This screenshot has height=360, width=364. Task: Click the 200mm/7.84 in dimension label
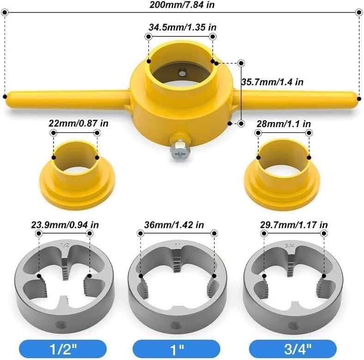pyautogui.click(x=182, y=5)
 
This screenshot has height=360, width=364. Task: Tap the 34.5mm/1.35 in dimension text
pyautogui.click(x=182, y=27)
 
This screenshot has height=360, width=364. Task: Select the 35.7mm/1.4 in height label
pyautogui.click(x=272, y=82)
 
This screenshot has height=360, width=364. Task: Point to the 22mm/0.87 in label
pyautogui.click(x=78, y=123)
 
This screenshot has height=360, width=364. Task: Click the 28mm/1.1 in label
pyautogui.click(x=284, y=124)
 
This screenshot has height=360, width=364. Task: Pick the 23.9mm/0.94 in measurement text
pyautogui.click(x=65, y=224)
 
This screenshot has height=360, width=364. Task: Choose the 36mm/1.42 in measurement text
pyautogui.click(x=174, y=224)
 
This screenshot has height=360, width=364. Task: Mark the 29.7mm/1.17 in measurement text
pyautogui.click(x=294, y=224)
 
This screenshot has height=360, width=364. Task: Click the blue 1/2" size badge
pyautogui.click(x=63, y=349)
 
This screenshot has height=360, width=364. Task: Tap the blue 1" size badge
pyautogui.click(x=176, y=349)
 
